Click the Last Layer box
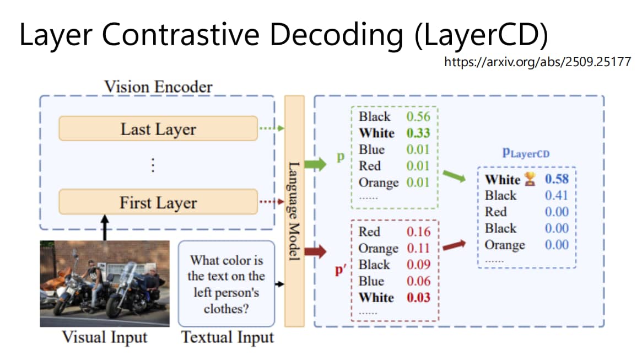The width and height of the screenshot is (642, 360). coord(158,128)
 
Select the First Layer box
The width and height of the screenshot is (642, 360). coord(158,202)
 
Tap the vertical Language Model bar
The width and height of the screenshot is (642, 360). coord(294,211)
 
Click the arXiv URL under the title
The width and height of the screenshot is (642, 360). coord(538,62)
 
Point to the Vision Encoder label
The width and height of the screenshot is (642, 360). coord(158,87)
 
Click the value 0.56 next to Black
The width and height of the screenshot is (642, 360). coord(418,116)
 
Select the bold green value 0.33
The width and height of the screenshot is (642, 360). coord(418,133)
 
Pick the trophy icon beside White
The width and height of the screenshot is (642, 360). coord(530,179)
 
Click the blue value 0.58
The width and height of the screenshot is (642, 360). coord(557,179)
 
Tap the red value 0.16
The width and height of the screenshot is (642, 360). coord(418,232)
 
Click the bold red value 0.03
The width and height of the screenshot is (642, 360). coord(418,297)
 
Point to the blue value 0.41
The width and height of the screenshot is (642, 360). coord(557,195)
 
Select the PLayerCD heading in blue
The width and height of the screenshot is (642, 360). coord(526,153)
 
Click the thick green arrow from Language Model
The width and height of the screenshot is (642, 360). coord(315,164)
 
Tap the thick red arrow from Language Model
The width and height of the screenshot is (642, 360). coord(315,251)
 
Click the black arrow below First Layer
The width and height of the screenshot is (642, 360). coord(105,227)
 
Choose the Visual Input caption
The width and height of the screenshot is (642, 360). coord(104,337)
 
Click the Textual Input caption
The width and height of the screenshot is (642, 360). coord(227,337)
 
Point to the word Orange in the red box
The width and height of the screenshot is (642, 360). coord(379,249)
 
